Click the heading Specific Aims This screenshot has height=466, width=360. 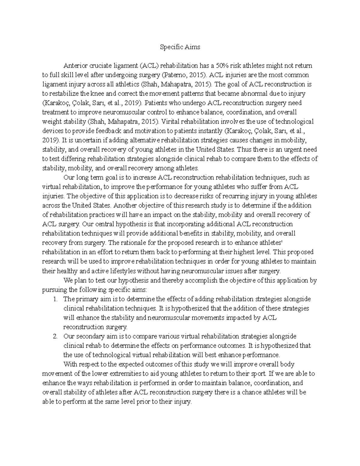tap(180, 47)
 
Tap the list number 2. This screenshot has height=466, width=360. tap(55, 336)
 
